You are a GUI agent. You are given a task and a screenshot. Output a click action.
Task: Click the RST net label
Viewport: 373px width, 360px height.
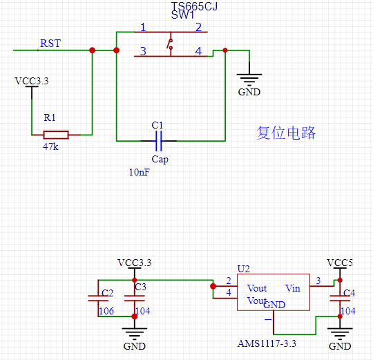(x=50, y=44)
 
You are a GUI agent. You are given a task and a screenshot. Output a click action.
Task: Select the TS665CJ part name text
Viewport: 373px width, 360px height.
(x=200, y=7)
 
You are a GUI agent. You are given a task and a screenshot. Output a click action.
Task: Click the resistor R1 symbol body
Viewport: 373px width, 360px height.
(x=55, y=134)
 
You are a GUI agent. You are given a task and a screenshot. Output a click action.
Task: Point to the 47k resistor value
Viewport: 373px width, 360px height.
(x=50, y=146)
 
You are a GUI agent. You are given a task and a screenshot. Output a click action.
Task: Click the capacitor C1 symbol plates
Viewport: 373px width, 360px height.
(x=158, y=141)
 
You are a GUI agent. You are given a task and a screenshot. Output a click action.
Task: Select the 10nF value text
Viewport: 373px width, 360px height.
(x=138, y=172)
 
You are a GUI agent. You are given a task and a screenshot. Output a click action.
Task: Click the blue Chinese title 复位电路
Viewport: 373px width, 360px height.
(x=286, y=133)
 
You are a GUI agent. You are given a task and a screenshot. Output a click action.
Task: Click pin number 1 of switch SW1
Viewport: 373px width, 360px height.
(x=143, y=28)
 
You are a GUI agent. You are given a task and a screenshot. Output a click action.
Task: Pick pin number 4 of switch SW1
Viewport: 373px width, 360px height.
(x=198, y=51)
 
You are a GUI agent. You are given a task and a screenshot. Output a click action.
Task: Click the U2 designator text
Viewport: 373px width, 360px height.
(x=243, y=268)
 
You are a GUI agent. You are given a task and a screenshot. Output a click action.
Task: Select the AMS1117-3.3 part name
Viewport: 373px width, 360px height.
(x=266, y=343)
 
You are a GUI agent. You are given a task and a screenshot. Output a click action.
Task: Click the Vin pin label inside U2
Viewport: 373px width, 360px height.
(x=293, y=288)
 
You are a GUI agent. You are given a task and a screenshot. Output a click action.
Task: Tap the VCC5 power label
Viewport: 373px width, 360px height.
(x=339, y=263)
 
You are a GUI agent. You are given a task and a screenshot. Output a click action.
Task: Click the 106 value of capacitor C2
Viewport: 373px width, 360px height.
(x=106, y=311)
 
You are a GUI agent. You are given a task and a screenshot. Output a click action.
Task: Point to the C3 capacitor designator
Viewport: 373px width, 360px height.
(x=140, y=286)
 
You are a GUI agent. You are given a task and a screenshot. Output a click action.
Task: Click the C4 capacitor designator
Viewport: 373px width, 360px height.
(x=349, y=293)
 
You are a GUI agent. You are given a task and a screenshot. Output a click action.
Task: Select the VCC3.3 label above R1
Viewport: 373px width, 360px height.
(x=32, y=81)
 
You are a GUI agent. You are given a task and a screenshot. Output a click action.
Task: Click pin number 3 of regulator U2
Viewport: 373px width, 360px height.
(x=318, y=280)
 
